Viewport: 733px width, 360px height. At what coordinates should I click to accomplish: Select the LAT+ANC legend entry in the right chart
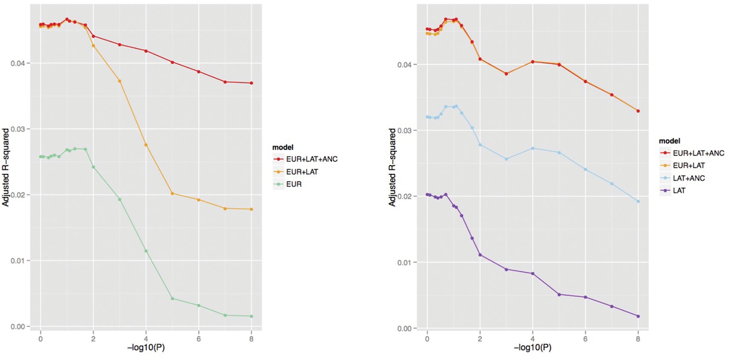pos(682,178)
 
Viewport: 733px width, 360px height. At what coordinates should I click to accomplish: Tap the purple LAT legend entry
pos(672,191)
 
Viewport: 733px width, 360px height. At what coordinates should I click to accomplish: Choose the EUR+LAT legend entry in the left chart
pos(295,172)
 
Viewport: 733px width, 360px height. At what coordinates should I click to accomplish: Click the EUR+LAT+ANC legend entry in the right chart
pos(692,153)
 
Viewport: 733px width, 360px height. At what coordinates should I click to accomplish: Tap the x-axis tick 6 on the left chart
pos(199,339)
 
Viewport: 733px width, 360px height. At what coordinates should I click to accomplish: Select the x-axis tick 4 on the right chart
pos(532,339)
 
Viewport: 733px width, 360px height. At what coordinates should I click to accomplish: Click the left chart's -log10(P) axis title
pos(146,348)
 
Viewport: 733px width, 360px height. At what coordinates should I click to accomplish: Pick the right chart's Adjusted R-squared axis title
pos(392,167)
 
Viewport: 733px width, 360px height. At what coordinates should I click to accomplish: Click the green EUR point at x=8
pos(251,316)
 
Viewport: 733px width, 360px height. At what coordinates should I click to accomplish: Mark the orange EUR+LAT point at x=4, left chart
pos(146,145)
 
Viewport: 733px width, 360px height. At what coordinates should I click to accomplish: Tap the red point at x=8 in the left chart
pos(251,83)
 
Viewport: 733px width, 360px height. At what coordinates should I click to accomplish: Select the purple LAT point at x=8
pos(638,316)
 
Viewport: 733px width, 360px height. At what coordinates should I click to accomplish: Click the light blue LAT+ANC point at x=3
pos(506,159)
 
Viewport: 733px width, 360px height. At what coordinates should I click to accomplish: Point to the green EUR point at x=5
pos(172,299)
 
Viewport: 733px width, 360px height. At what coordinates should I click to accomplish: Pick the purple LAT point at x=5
pos(559,294)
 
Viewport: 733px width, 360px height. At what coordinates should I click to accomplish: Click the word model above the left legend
pos(283,147)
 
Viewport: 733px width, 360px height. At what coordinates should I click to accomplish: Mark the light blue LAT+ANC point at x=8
pos(638,201)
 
